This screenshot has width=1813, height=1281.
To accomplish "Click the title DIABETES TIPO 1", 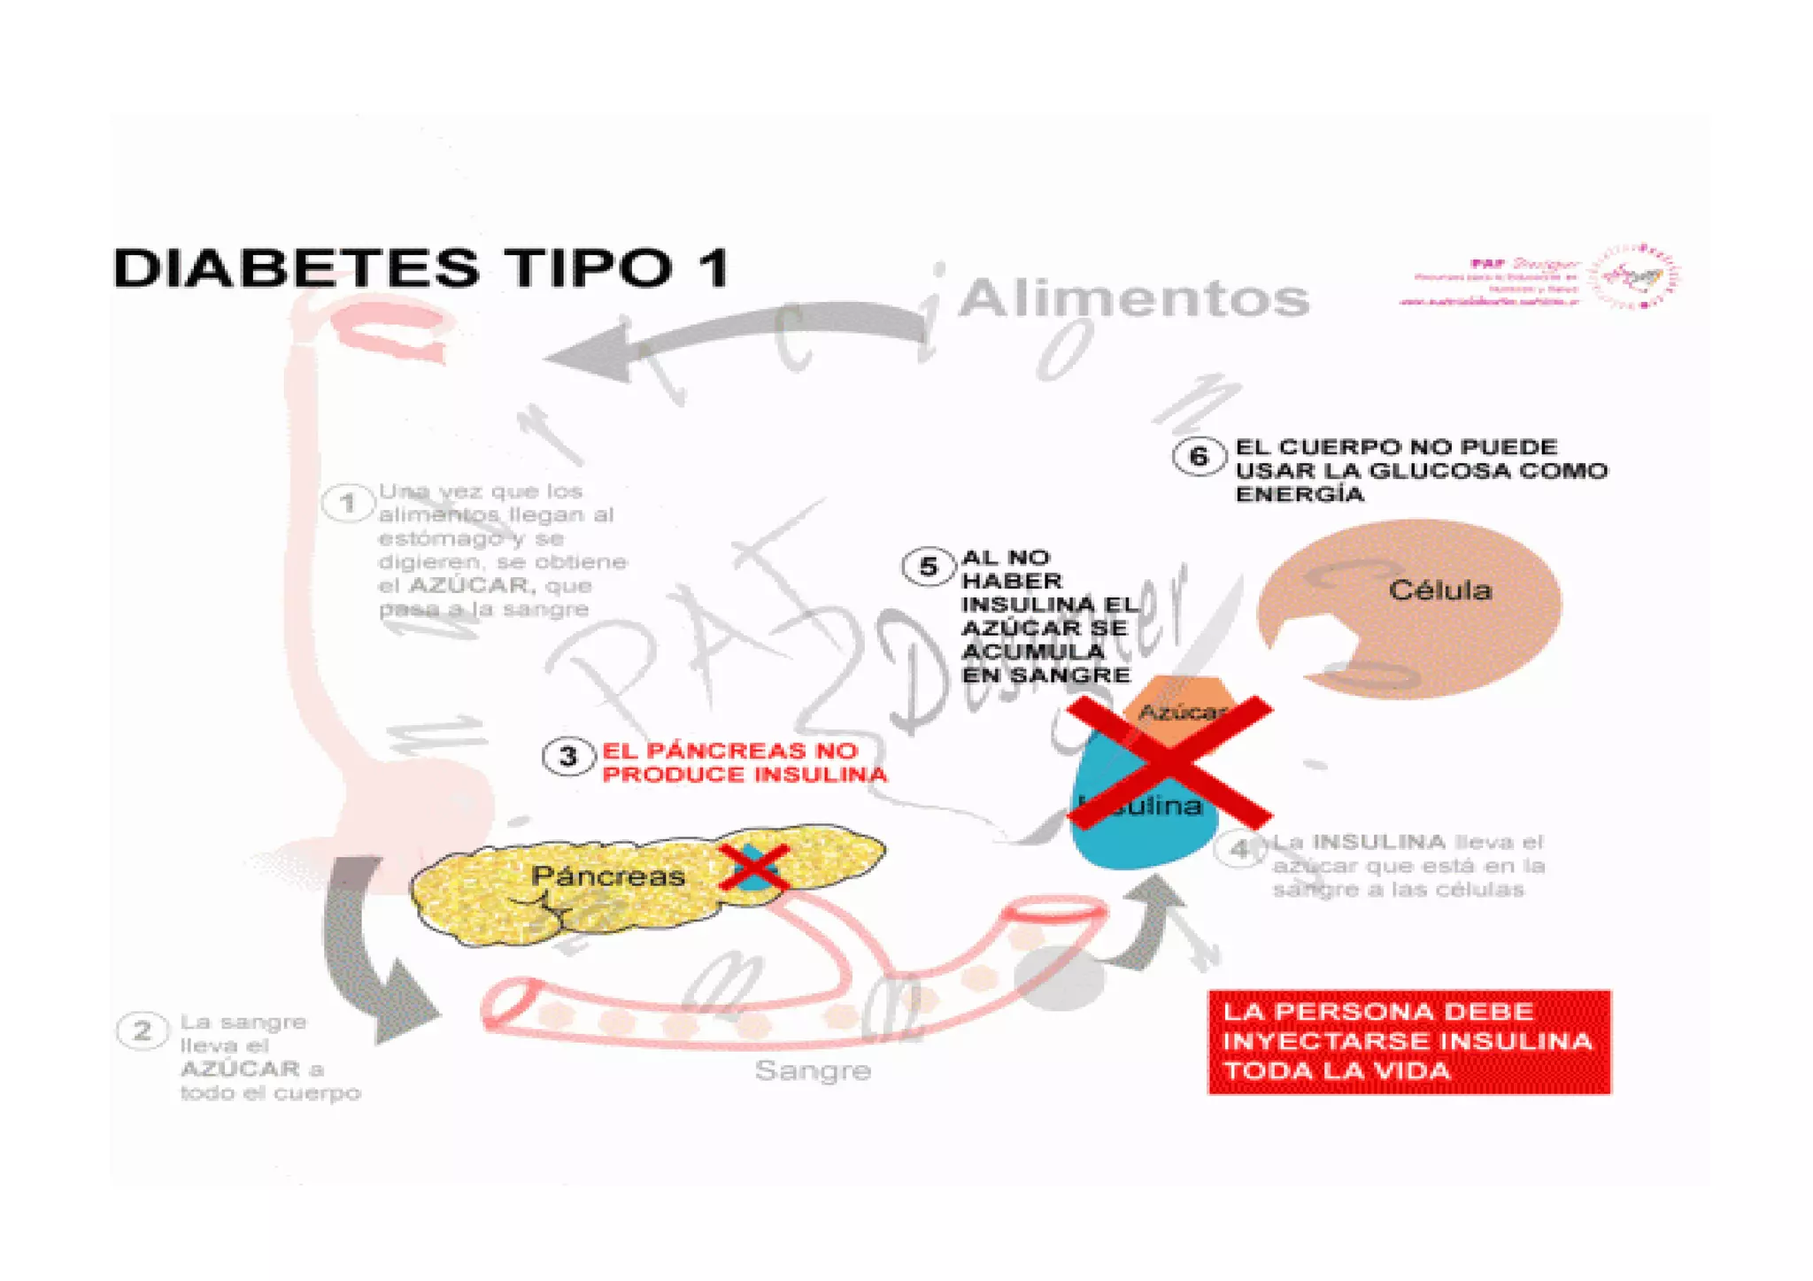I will pyautogui.click(x=421, y=267).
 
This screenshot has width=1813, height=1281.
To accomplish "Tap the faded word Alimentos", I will pyautogui.click(x=1133, y=298).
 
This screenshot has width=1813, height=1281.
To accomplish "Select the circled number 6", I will pyautogui.click(x=1199, y=456).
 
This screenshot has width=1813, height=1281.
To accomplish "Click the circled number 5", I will pyautogui.click(x=928, y=567).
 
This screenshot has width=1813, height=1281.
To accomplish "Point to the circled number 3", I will pyautogui.click(x=567, y=757).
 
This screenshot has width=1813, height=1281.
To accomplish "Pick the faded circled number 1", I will pyautogui.click(x=348, y=504).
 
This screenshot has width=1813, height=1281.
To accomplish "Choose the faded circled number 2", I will pyautogui.click(x=142, y=1031).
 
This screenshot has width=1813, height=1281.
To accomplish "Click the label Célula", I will pyautogui.click(x=1439, y=590).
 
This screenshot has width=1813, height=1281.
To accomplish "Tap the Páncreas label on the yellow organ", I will pyautogui.click(x=608, y=876).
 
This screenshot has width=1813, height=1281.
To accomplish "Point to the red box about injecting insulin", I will pyautogui.click(x=1408, y=1042).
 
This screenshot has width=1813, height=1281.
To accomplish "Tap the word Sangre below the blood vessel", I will pyautogui.click(x=813, y=1071).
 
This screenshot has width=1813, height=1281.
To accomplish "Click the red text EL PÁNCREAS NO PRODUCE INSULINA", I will pyautogui.click(x=744, y=762).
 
